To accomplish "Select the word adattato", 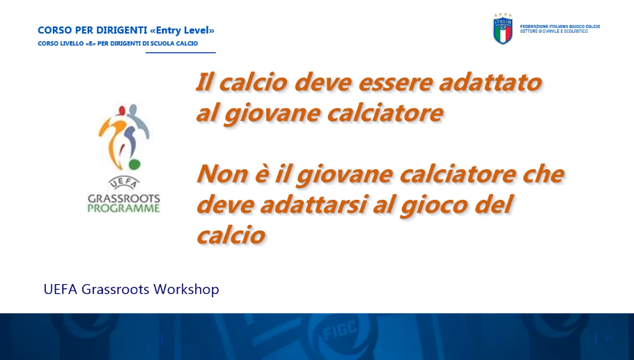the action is click(490, 82).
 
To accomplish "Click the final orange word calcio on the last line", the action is click(231, 235).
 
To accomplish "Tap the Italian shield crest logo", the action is click(502, 29).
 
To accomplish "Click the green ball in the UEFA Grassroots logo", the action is click(134, 164).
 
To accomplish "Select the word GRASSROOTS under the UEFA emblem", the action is click(124, 198).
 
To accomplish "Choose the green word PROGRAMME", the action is click(124, 208).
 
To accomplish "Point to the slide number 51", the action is click(608, 338).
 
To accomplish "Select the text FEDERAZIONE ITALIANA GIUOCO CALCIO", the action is click(560, 26).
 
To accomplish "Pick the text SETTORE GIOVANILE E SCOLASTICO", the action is click(554, 31).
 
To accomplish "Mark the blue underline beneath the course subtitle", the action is click(180, 52).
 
